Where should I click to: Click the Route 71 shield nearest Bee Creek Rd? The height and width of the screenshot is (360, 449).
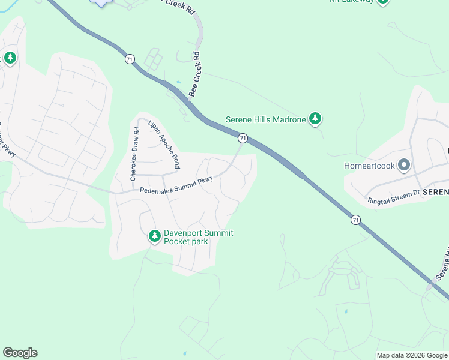click(x=130, y=59)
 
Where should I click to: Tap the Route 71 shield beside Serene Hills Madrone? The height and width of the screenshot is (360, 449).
click(x=243, y=138)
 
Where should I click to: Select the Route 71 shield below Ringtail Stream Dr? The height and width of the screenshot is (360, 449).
click(x=356, y=220)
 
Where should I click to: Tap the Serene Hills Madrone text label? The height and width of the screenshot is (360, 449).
click(x=266, y=119)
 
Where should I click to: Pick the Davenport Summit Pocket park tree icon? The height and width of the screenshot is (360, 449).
click(x=155, y=236)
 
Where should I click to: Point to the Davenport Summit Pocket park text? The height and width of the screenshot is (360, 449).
click(x=190, y=237)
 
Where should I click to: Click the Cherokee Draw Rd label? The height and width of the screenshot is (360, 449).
click(x=134, y=153)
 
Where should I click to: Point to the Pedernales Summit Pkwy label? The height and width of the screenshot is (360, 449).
click(x=176, y=187)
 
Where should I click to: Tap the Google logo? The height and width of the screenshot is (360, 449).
click(x=20, y=353)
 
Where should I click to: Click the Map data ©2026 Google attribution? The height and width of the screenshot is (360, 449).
click(x=412, y=355)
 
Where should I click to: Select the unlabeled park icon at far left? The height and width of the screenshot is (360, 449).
click(x=10, y=58)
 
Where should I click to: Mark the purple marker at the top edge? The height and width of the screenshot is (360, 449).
click(x=102, y=2)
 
